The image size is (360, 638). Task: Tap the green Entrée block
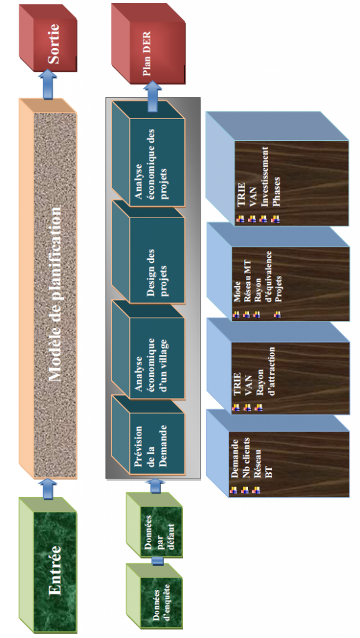pyautogui.click(x=48, y=566)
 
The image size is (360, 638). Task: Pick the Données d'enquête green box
pyautogui.click(x=154, y=599)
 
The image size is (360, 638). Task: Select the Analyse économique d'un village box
pyautogui.click(x=148, y=351)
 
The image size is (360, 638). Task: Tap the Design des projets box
pyautogui.click(x=148, y=252)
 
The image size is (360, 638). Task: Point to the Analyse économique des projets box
pyautogui.click(x=148, y=154)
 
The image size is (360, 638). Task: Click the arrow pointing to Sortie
pyautogui.click(x=48, y=84)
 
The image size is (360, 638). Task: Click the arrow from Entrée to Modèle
pyautogui.click(x=48, y=488)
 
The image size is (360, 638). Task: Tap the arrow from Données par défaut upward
pyautogui.click(x=156, y=486)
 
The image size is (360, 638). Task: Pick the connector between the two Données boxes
pyautogui.click(x=157, y=561)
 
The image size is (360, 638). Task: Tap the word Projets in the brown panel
pyautogui.click(x=278, y=289)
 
